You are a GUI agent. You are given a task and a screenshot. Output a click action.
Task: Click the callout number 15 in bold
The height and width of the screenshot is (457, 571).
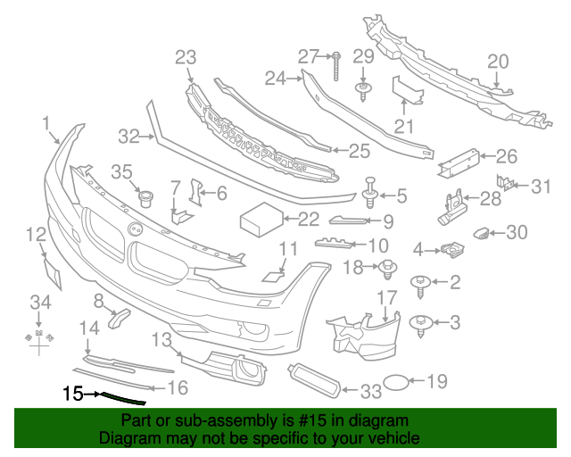coord(72,392)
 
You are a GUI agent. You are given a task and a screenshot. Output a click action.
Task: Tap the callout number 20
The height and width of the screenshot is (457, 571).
coord(498,61)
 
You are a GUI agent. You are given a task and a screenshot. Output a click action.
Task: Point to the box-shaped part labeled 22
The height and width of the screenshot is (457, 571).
coord(259,217)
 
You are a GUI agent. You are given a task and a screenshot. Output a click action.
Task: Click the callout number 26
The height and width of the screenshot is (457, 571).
coord(506,158)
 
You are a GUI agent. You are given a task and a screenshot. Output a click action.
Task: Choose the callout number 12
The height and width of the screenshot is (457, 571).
coord(36,236)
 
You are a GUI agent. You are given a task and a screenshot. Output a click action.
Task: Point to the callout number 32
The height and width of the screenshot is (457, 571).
coord(129,137)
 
